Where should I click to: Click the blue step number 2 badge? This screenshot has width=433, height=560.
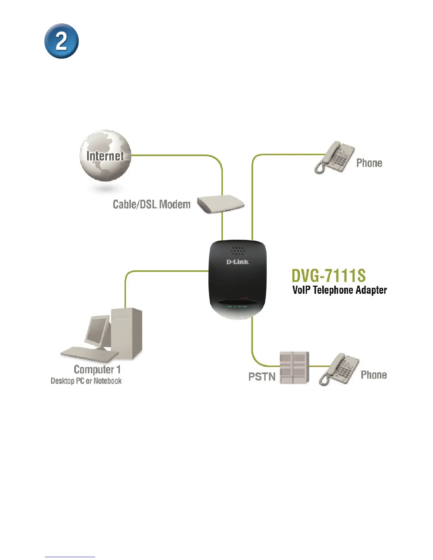(x=61, y=41)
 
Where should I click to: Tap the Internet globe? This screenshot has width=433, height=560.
(x=105, y=156)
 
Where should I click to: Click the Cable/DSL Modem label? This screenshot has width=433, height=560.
(x=151, y=204)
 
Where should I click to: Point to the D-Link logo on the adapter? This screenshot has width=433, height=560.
(x=237, y=262)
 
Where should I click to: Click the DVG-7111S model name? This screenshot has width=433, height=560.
(x=329, y=276)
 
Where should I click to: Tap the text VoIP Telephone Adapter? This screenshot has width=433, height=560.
(x=340, y=290)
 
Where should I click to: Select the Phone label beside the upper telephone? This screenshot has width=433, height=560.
(x=369, y=163)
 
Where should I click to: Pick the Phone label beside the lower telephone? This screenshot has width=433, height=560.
(x=374, y=375)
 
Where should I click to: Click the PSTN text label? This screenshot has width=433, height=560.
(x=262, y=377)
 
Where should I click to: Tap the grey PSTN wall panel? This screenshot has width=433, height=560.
(x=294, y=368)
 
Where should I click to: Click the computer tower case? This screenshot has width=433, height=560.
(x=127, y=332)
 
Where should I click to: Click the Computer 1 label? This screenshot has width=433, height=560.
(x=97, y=369)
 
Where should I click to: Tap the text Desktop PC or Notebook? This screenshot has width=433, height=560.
(x=86, y=381)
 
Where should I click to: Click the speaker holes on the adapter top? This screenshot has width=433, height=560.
(x=238, y=251)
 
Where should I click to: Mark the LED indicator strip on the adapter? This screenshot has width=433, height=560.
(x=237, y=306)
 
